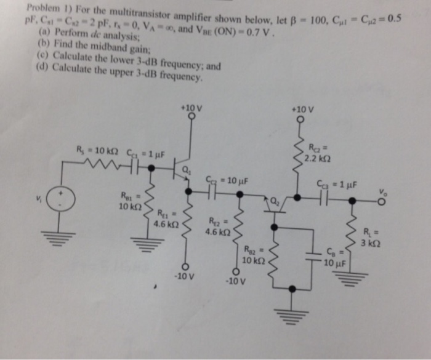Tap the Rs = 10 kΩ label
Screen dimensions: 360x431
point(95,150)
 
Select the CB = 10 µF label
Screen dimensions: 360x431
point(336,259)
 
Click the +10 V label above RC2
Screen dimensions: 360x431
point(303,110)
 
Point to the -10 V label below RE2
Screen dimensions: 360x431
point(235,282)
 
